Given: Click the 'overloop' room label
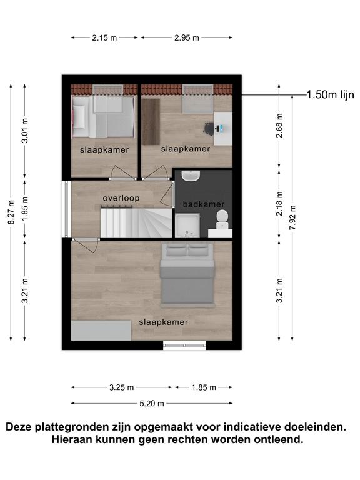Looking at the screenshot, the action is click(121, 198).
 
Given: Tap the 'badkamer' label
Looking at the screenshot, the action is click(204, 204).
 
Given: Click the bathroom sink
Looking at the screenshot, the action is click(191, 176).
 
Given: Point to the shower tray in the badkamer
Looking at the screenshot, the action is click(187, 226).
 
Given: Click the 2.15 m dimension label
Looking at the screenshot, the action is click(104, 37).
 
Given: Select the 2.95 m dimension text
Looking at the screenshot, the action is click(187, 37).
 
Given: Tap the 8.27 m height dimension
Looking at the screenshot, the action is click(11, 212).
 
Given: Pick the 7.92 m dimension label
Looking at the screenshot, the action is click(292, 217).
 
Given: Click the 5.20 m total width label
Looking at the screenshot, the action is click(152, 404).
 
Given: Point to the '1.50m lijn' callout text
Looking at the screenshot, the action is click(330, 94).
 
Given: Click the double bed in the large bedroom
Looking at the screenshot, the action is click(187, 274).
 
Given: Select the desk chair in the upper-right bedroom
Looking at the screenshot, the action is click(209, 128).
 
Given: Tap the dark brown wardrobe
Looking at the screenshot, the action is click(151, 121).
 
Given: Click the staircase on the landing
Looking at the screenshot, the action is click(136, 223).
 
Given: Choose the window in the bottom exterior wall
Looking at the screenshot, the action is click(184, 346).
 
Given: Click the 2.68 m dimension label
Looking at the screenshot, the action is click(279, 126).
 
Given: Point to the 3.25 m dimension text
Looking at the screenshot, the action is click(121, 387).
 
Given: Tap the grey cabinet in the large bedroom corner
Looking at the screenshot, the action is click(101, 330).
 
